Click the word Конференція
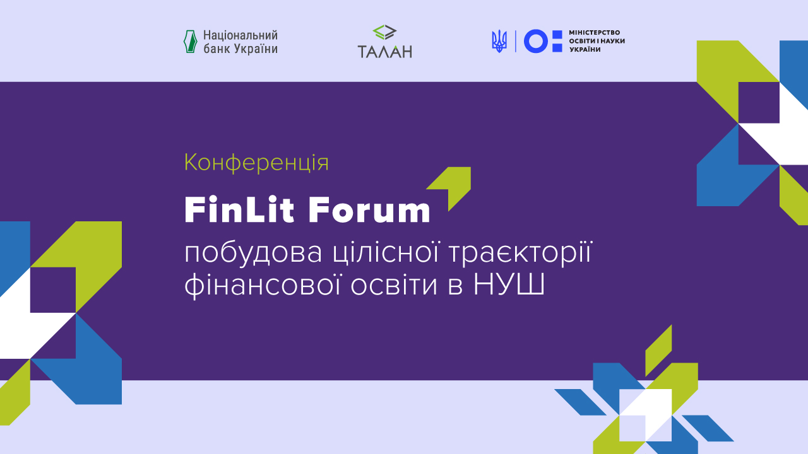click(x=256, y=163)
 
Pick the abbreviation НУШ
click(x=509, y=285)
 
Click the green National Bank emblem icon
click(x=190, y=42)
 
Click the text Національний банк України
click(x=241, y=42)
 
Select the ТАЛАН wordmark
click(x=384, y=52)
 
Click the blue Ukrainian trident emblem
click(x=499, y=42)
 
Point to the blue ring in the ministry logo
click(x=535, y=42)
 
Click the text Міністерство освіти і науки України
click(x=597, y=41)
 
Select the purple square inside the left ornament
click(x=53, y=290)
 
